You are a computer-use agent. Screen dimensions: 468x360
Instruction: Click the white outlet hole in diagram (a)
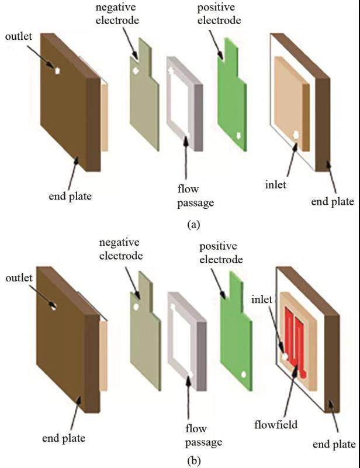coord(58,70)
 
